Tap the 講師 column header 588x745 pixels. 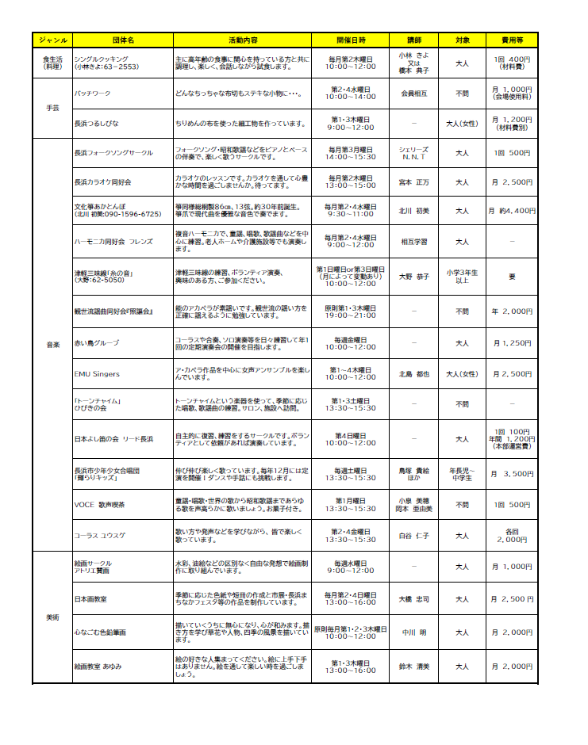coord(414,40)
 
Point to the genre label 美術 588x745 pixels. coord(52,616)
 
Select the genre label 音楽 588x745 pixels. coord(52,344)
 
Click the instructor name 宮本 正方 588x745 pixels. coord(414,182)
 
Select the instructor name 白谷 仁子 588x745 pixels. coord(414,535)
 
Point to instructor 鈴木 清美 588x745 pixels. coord(414,667)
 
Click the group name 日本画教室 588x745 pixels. coord(90,598)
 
